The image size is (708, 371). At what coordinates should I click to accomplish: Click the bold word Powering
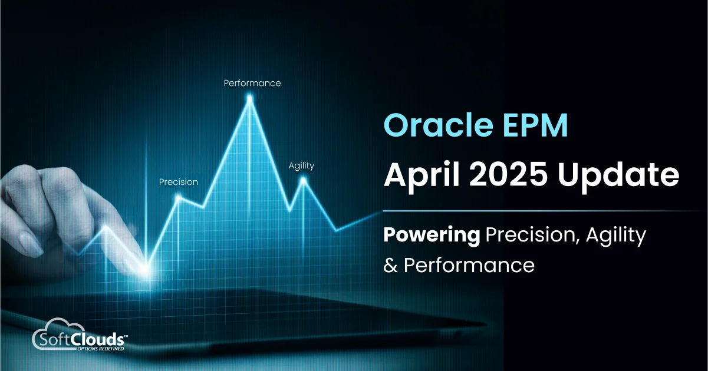tap(432, 236)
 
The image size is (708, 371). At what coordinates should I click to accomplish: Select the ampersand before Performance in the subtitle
tap(390, 266)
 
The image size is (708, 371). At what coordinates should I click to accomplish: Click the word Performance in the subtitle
tap(469, 266)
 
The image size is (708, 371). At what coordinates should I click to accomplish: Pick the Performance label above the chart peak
tap(252, 83)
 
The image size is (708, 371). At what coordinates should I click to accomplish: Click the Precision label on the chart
tap(179, 182)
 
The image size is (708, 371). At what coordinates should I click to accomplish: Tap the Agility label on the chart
tap(301, 165)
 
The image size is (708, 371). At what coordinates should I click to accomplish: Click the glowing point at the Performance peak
tap(250, 99)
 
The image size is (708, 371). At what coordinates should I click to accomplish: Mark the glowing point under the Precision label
tap(178, 198)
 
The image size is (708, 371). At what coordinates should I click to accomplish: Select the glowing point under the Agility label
tap(304, 180)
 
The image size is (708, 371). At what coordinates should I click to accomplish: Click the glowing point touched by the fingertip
tap(144, 270)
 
